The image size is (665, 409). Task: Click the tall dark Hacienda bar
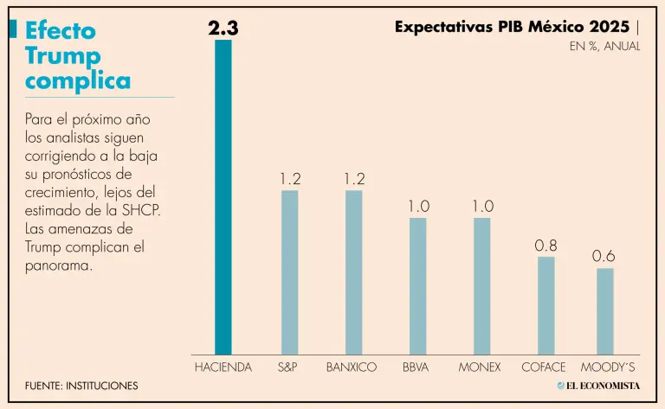tap(223, 197)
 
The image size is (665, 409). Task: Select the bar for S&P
tap(289, 272)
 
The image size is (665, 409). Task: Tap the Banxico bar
tap(353, 272)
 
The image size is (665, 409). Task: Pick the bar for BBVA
tap(418, 286)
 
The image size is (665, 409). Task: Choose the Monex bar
tap(482, 286)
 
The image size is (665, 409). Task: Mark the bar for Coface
tap(546, 305)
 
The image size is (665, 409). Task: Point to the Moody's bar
tap(605, 311)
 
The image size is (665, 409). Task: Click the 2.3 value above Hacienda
tap(223, 29)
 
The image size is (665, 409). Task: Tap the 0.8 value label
tap(546, 246)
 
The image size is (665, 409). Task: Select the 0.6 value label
tap(604, 257)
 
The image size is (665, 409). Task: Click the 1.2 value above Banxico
tap(353, 179)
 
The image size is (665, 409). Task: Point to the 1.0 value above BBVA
tap(418, 207)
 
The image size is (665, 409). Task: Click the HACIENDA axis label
tap(223, 367)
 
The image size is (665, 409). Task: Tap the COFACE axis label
tap(544, 367)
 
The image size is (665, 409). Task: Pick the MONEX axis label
tap(480, 367)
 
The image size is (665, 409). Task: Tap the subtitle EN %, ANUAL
tap(604, 47)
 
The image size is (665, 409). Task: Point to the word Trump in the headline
tap(63, 56)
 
